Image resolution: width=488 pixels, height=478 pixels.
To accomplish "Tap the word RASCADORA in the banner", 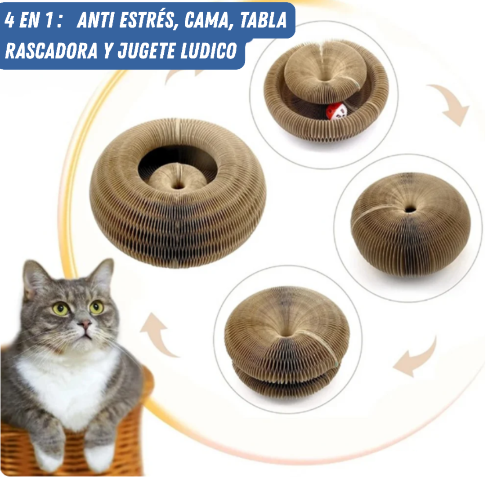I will pyautogui.click(x=50, y=51).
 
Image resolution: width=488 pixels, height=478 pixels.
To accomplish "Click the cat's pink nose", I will pyautogui.click(x=84, y=324).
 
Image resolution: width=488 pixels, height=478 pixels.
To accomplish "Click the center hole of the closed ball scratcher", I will pyautogui.click(x=410, y=209).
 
